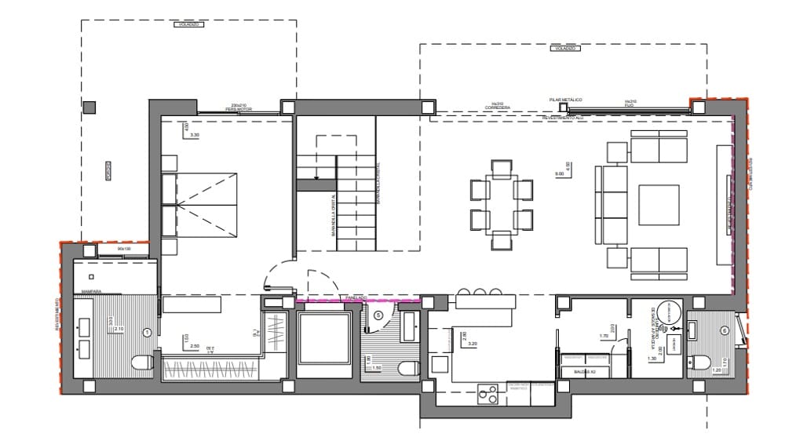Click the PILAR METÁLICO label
pos(565,100)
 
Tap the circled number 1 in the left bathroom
pos(147,333)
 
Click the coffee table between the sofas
pos(658,205)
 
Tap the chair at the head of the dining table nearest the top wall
pos(501,168)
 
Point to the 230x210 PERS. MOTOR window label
pos(238,108)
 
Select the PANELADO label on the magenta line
pos(356,298)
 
